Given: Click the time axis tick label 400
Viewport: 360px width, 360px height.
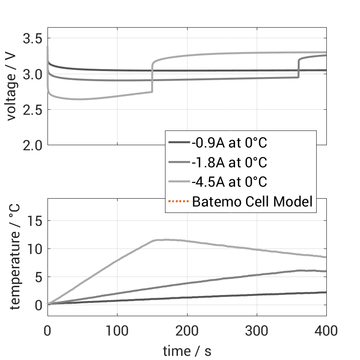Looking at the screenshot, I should click(x=326, y=331).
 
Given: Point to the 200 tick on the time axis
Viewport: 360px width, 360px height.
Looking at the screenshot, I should click(x=187, y=331).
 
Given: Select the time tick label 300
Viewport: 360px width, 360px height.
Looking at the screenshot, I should click(x=256, y=331).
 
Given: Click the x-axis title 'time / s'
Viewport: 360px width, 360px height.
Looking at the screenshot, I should click(x=187, y=351).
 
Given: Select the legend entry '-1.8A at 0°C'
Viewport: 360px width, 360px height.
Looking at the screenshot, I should click(x=229, y=163).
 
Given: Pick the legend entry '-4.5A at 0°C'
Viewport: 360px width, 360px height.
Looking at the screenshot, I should click(x=229, y=182).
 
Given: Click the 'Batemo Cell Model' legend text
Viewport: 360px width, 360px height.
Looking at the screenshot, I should click(x=252, y=201).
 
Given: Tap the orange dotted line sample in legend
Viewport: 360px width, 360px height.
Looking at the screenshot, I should click(x=178, y=201).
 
